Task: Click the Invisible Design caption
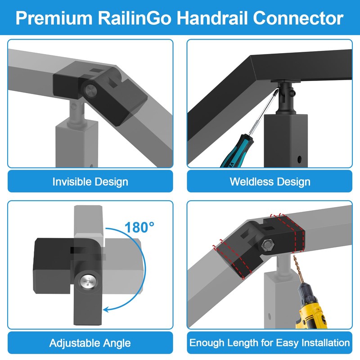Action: point(90,182)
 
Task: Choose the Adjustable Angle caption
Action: point(90,343)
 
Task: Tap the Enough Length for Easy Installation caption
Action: point(270,343)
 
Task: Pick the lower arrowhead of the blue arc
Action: point(106,309)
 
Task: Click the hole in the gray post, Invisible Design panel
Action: point(93,165)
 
